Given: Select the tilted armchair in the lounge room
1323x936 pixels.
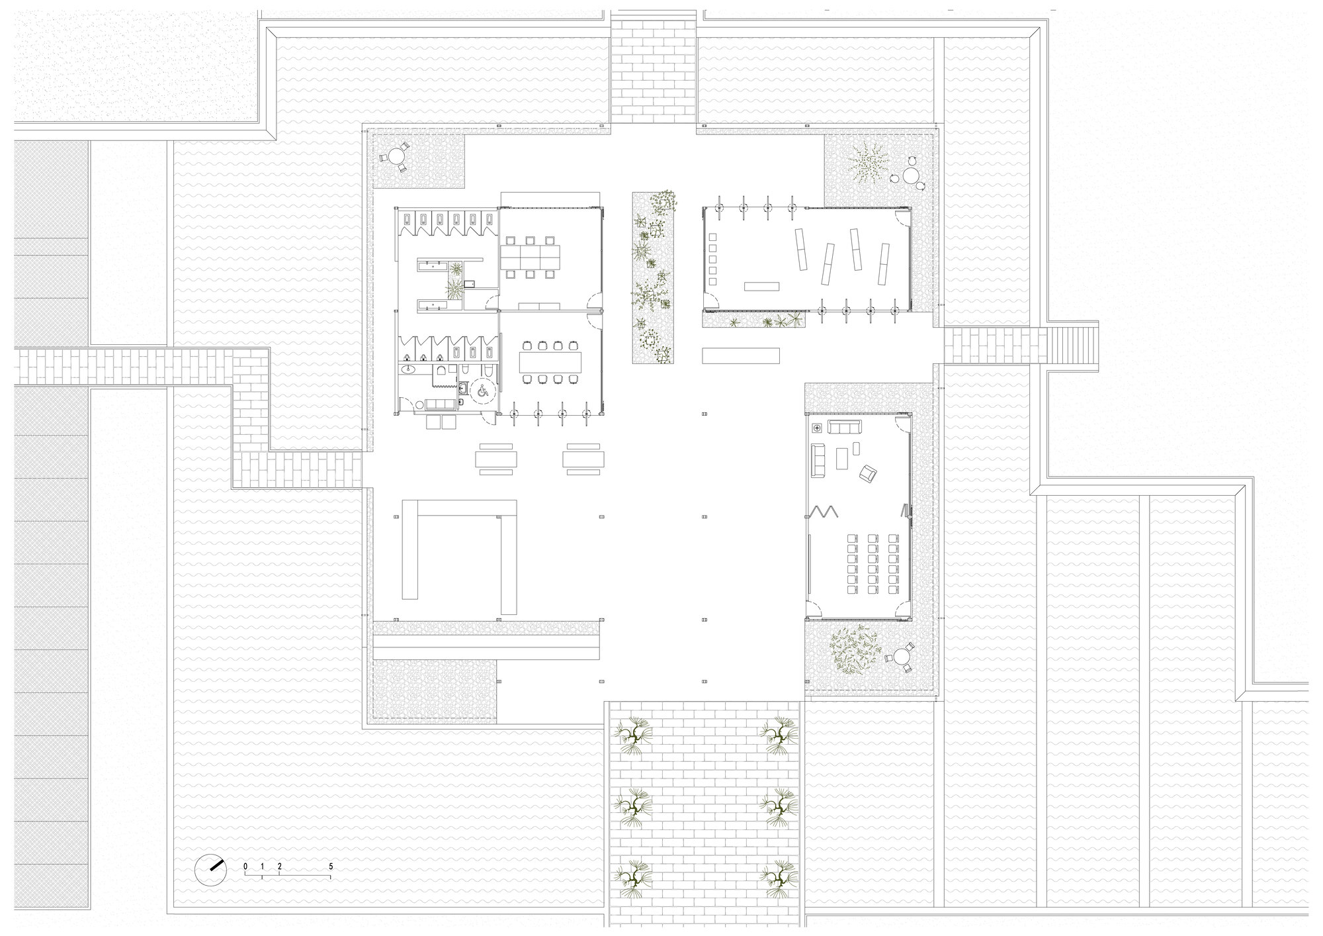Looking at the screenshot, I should click(x=867, y=473).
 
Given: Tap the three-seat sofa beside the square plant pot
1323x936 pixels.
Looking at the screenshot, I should click(x=845, y=428).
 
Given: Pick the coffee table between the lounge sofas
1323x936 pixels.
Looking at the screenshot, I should click(x=843, y=457).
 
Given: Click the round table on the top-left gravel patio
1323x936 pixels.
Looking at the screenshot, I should click(x=396, y=157).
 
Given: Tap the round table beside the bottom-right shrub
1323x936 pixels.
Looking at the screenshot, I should click(x=902, y=657).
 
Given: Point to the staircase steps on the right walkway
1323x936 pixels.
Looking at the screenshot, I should click(x=1071, y=344).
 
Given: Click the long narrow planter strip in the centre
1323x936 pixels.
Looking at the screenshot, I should click(x=653, y=278).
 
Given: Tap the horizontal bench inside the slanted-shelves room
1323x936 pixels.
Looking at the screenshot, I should click(x=762, y=286).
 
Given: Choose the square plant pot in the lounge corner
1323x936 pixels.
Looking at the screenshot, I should click(x=816, y=428).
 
